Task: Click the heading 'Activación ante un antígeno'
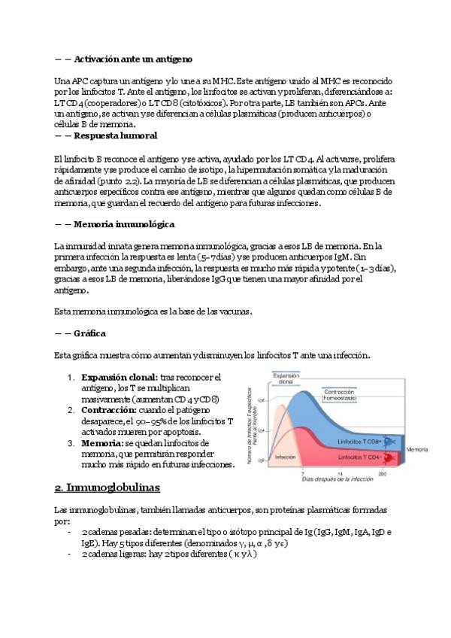tap(132, 58)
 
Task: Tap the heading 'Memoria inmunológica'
tap(124, 224)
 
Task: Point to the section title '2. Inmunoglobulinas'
tap(114, 488)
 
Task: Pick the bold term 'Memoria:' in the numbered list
tap(102, 444)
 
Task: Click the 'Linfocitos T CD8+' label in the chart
tap(359, 440)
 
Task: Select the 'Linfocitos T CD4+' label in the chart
tap(359, 457)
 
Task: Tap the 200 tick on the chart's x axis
tap(383, 474)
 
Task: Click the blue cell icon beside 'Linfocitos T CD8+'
tap(390, 441)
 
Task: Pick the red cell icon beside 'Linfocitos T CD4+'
tap(390, 457)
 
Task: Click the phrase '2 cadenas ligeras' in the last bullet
tap(117, 554)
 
